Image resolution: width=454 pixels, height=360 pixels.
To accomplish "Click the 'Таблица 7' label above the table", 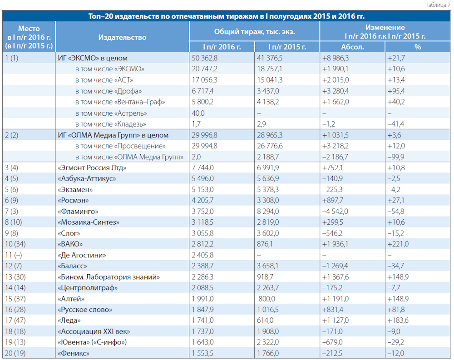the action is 438,5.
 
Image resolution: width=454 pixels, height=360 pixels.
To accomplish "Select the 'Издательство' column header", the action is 122,37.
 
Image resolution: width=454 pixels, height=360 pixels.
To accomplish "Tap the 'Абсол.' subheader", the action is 352,47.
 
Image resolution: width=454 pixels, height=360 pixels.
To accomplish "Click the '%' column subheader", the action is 418,47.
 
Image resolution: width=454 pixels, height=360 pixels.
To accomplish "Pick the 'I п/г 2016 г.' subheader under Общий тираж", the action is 222,47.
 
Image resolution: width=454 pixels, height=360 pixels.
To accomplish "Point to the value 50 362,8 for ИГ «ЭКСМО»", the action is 204,58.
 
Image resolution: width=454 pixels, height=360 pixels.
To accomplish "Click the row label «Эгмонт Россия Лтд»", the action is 92,168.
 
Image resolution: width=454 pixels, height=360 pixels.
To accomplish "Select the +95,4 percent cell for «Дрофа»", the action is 396,91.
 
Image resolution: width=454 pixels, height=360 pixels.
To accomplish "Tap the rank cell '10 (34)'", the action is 15,244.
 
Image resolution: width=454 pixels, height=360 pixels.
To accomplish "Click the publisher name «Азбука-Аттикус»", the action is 87,179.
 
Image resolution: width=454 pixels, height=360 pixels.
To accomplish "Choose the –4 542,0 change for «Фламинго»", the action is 335,212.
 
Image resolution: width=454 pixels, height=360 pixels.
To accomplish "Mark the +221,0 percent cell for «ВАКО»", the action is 398,244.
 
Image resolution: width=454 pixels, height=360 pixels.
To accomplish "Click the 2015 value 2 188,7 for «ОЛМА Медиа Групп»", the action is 268,157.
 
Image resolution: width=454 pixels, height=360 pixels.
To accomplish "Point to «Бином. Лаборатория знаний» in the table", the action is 109,277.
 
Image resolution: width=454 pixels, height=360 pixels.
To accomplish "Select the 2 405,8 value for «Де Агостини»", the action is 202,255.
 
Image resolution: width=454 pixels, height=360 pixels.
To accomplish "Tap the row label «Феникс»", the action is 74,353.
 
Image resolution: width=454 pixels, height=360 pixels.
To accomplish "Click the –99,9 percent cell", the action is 396,157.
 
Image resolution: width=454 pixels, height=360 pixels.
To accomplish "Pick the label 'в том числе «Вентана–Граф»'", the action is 120,102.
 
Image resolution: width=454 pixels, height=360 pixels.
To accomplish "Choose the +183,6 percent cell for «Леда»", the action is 398,321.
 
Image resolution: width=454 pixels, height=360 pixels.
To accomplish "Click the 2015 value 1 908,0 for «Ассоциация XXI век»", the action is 268,331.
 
